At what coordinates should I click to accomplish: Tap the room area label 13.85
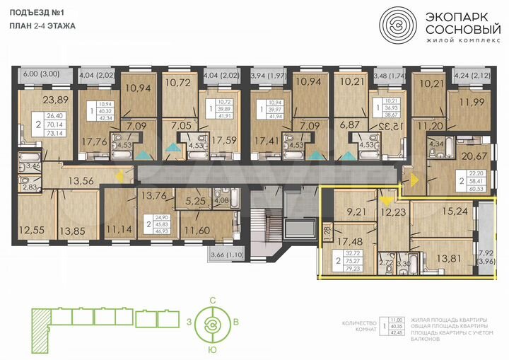coord(72,230)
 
